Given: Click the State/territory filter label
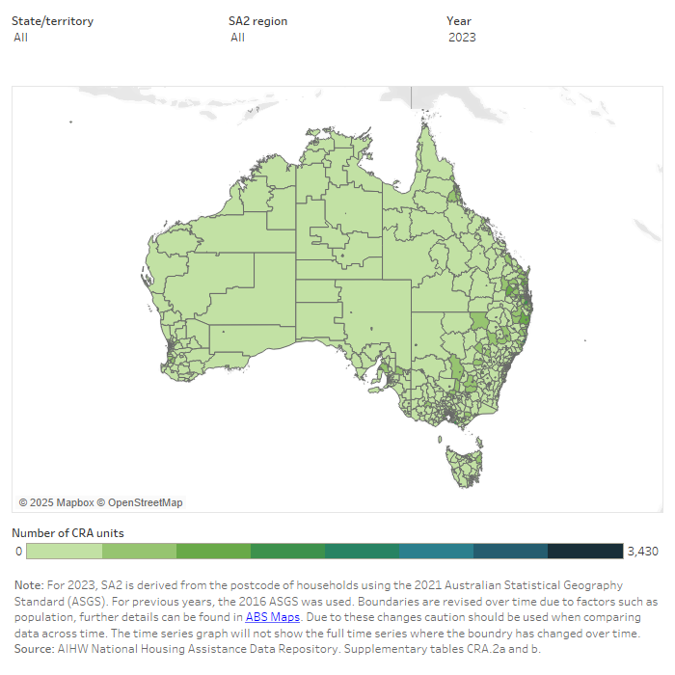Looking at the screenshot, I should [52, 21].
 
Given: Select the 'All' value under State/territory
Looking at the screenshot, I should [20, 38].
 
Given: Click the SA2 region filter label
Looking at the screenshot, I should [257, 21].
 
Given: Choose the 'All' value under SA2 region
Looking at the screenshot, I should [237, 38].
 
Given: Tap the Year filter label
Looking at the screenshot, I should [458, 21].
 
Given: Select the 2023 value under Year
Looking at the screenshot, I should [462, 38].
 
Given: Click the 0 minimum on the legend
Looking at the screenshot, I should [18, 552].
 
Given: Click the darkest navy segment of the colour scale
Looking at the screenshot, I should [585, 552].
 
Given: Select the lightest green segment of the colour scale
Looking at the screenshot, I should [64, 552].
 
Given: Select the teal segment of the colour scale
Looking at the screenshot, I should [436, 552].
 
